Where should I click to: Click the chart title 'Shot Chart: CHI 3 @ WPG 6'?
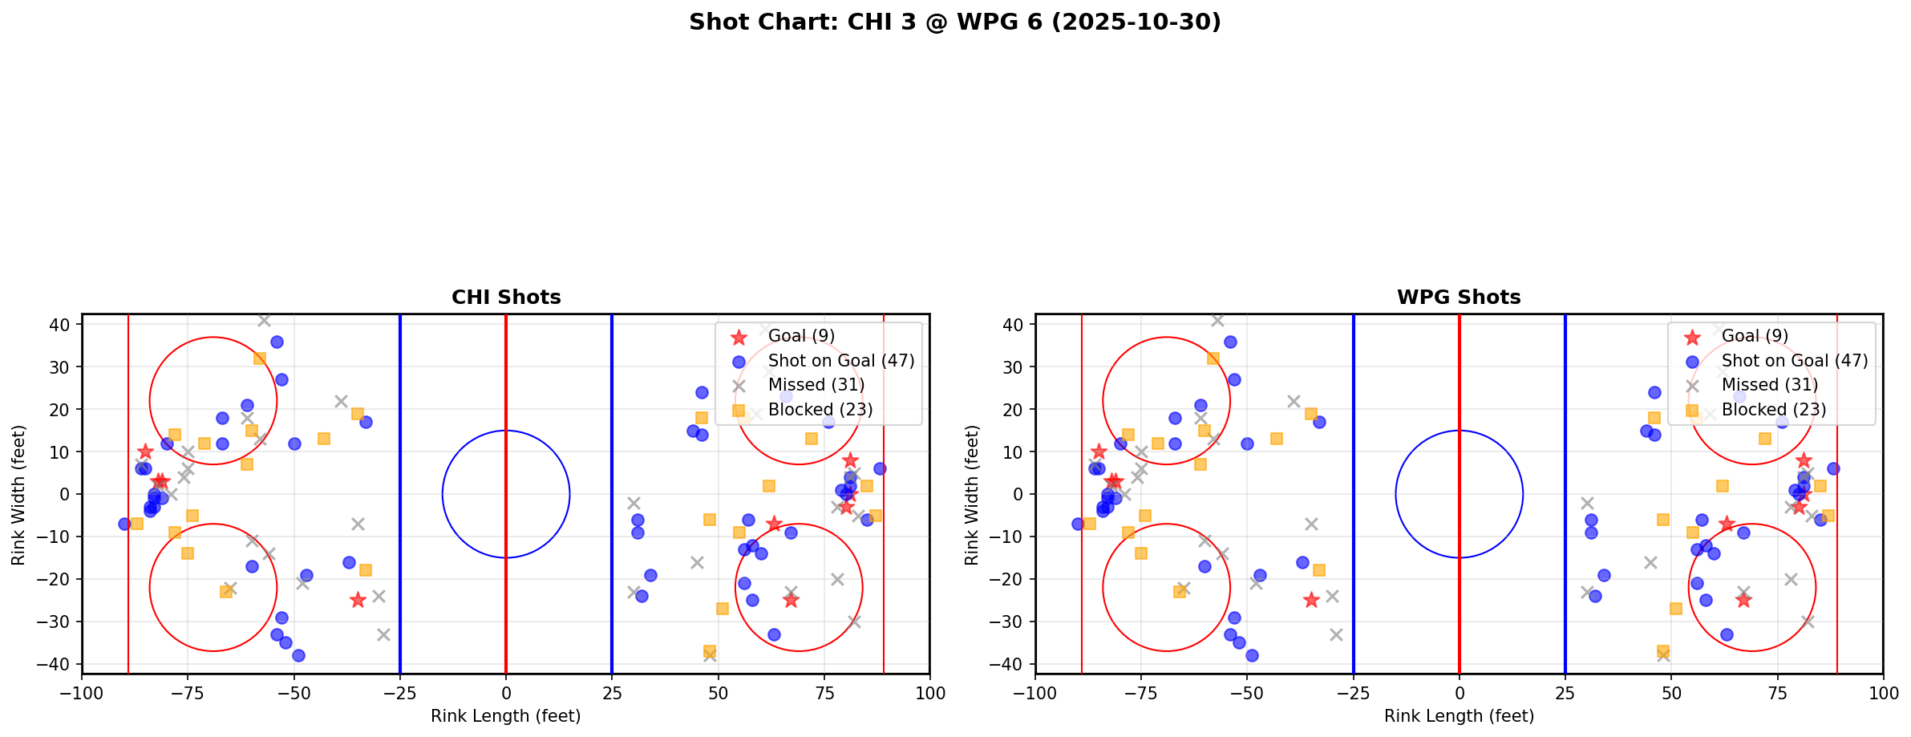coord(954,22)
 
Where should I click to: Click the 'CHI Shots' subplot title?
coord(506,298)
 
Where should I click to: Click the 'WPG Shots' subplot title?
coord(1459,298)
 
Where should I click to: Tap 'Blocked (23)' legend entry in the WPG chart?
coord(1774,410)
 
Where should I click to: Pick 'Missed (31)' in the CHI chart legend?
coord(816,385)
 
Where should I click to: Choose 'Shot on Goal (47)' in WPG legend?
coord(1795,361)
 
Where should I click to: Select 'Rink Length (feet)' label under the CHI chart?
coord(506,716)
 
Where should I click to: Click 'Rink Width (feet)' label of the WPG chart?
coord(972,494)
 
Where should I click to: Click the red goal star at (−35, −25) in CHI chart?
coord(358,600)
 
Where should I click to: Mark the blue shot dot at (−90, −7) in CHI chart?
coord(124,524)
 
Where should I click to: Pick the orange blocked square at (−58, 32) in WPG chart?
coord(1213,358)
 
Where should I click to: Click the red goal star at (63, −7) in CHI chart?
coord(773,524)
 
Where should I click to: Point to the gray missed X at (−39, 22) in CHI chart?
coord(341,401)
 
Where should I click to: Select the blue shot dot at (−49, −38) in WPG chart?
coord(1252,655)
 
